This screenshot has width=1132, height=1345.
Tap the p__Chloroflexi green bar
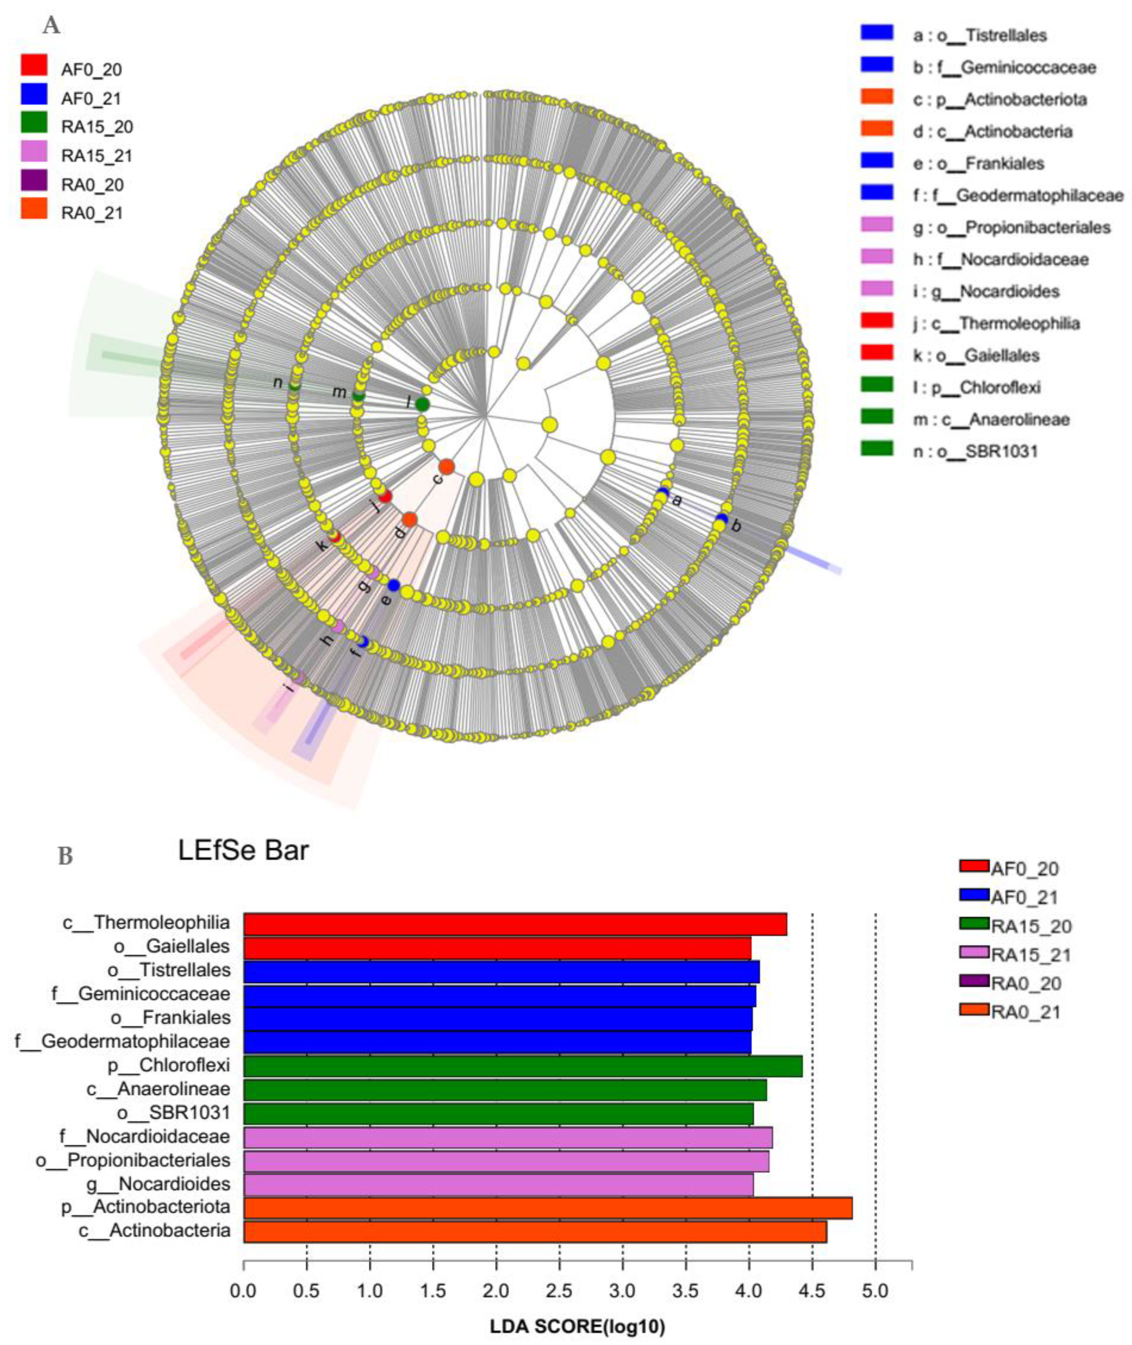pyautogui.click(x=522, y=1066)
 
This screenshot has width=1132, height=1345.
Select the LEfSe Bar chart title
pyautogui.click(x=243, y=850)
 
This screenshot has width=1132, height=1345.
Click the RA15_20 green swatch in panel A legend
pyautogui.click(x=34, y=123)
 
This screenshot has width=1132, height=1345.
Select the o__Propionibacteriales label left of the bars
pyautogui.click(x=133, y=1160)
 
